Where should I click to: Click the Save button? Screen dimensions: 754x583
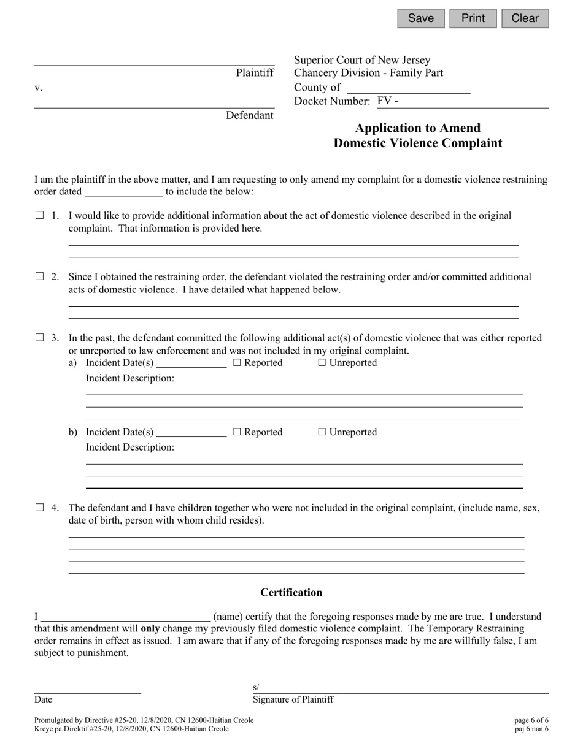(421, 18)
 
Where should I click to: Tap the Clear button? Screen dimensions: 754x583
(525, 18)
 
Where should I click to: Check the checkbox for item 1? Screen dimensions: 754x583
(40, 215)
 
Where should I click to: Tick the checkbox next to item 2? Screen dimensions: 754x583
(40, 276)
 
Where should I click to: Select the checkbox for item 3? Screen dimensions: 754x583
(40, 337)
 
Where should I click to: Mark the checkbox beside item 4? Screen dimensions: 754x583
(40, 507)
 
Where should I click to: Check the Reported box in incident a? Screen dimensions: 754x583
(237, 363)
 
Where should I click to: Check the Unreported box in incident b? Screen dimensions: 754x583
(322, 432)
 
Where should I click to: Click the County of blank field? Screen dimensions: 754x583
(408, 88)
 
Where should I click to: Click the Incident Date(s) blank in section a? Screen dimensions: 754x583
(191, 363)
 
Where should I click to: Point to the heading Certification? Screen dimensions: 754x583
(291, 592)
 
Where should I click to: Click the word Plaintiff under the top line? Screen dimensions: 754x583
(255, 73)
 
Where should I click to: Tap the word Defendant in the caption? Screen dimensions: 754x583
(249, 115)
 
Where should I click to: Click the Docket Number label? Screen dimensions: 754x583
(331, 101)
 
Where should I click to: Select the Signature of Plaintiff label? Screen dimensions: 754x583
(293, 699)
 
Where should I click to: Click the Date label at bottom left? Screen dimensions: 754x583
(44, 699)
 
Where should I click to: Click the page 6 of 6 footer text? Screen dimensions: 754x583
(531, 720)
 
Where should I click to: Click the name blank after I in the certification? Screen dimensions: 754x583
(126, 617)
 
